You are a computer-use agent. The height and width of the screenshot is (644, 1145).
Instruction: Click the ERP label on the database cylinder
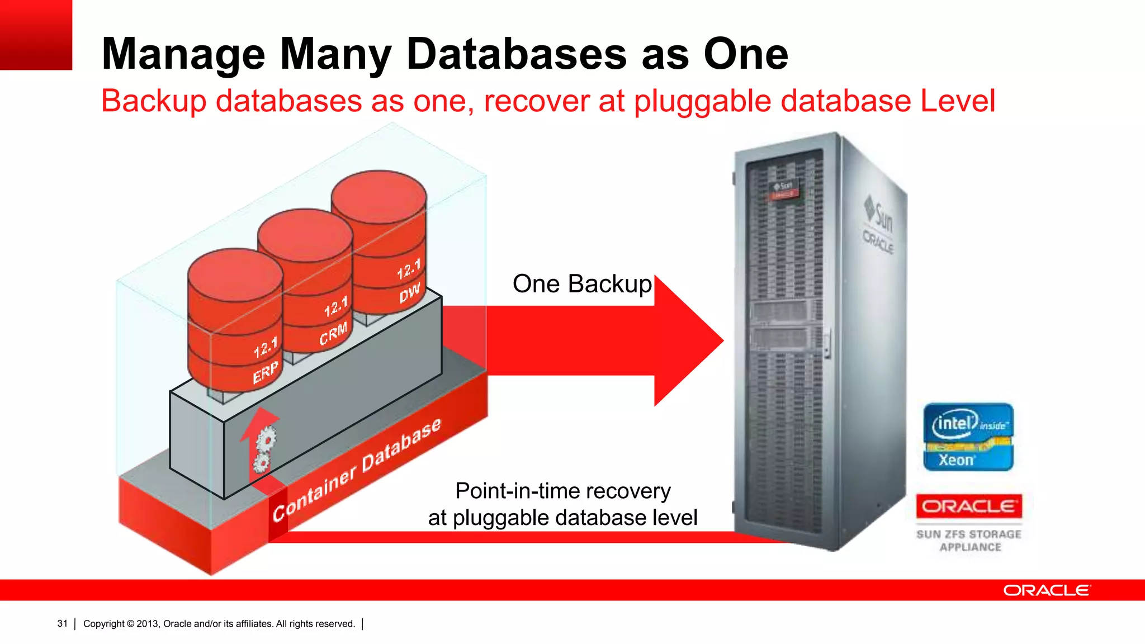point(265,373)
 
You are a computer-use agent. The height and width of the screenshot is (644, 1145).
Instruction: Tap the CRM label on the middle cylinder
point(333,333)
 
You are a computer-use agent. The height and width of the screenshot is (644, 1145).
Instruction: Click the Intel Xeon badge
point(968,437)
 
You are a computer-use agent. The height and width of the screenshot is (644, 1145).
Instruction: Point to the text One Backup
point(582,284)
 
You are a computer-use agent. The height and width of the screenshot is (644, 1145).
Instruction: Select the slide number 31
point(62,623)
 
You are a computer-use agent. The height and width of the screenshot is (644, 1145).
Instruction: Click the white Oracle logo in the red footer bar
point(1046,590)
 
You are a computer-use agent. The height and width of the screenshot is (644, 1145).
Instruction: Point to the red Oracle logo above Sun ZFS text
point(968,506)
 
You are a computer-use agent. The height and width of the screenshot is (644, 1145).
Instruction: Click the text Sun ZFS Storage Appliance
point(969,541)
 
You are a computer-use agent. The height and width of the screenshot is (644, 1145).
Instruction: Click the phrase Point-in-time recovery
point(562,491)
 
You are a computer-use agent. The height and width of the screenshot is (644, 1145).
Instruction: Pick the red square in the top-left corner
point(36,35)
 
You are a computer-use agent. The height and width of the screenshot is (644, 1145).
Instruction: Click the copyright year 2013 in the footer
point(147,623)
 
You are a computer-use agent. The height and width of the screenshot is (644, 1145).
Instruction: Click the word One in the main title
point(745,54)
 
